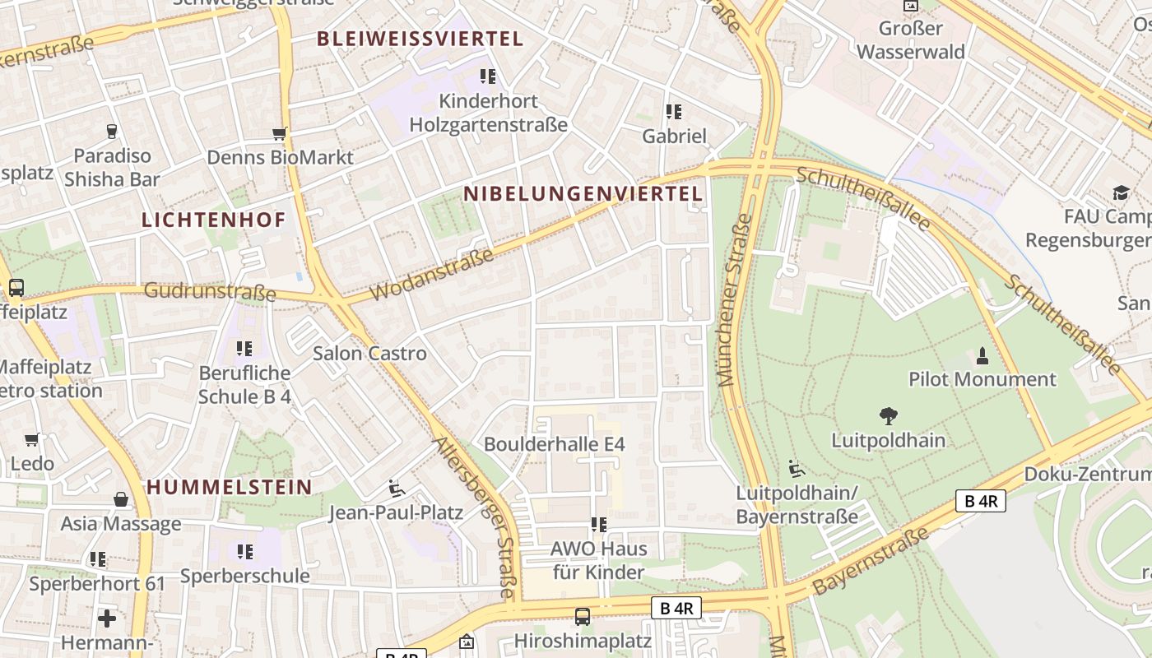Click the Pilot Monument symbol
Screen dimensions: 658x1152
(x=982, y=356)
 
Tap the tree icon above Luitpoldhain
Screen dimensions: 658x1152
(x=888, y=416)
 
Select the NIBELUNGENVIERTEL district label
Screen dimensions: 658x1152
(x=583, y=194)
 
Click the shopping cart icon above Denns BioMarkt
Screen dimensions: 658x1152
(x=280, y=134)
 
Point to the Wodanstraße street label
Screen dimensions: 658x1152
(x=432, y=274)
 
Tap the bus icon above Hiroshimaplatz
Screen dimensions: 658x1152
(x=583, y=616)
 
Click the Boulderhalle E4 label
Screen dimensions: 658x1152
(x=554, y=444)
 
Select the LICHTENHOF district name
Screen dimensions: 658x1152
(x=213, y=220)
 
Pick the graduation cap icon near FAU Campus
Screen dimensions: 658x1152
(x=1121, y=193)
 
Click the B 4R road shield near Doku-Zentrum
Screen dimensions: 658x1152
(x=980, y=500)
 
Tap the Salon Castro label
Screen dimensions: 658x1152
(x=369, y=354)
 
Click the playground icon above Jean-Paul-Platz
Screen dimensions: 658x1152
(x=396, y=489)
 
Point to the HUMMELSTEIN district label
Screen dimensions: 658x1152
(x=230, y=487)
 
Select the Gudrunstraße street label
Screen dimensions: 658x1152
(x=210, y=292)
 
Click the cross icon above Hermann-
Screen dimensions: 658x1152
(x=107, y=618)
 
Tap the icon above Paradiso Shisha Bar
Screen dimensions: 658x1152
(x=112, y=132)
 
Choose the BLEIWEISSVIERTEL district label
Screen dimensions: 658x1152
(x=420, y=39)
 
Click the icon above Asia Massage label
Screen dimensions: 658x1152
(x=121, y=499)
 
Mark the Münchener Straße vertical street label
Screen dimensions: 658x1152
(x=735, y=300)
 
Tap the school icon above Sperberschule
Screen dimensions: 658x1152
(x=244, y=551)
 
